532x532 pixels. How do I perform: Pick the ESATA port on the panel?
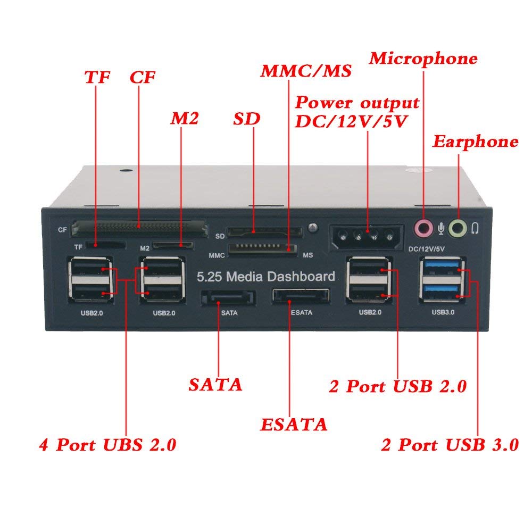(301, 296)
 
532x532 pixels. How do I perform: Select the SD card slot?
(264, 232)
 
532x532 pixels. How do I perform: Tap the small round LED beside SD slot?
(313, 229)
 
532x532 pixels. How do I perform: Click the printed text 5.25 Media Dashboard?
(265, 277)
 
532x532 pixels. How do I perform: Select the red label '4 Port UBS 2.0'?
(107, 444)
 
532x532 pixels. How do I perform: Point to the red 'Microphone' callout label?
(423, 59)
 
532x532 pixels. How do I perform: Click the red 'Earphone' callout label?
(475, 142)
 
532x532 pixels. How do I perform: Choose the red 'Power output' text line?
(358, 102)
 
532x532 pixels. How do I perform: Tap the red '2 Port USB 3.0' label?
(450, 445)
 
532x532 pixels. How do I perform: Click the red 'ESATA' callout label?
(293, 425)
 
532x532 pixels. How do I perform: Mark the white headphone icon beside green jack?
(475, 229)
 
